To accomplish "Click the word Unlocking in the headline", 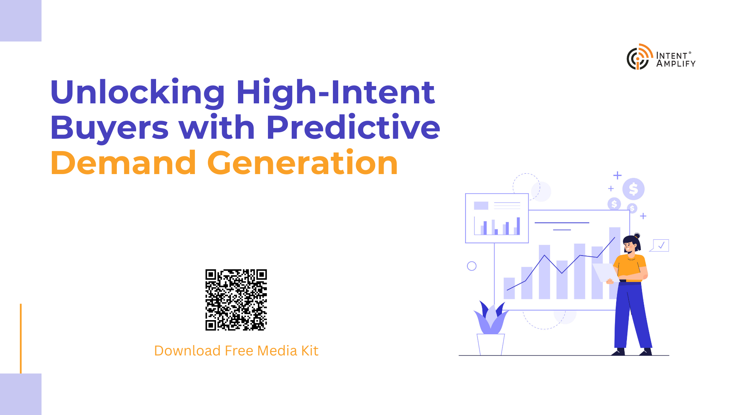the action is (x=138, y=92).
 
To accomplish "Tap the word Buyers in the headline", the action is (x=110, y=127).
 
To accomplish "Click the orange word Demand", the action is (x=123, y=163).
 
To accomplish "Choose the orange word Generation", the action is (x=303, y=163).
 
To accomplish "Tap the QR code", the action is (x=236, y=300).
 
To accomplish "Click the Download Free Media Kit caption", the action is (x=236, y=350).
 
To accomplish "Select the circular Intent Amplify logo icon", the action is (x=640, y=57).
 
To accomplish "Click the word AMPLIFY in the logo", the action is (x=676, y=64).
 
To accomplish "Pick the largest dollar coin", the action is (x=633, y=189).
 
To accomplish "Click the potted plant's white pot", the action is (x=491, y=344).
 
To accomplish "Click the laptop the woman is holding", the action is (x=605, y=272).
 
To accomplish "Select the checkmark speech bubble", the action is (x=660, y=245).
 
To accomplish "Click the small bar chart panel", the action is (x=497, y=218).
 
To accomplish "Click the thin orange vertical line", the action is (x=21, y=339).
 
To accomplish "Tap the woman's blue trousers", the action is (x=632, y=315).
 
